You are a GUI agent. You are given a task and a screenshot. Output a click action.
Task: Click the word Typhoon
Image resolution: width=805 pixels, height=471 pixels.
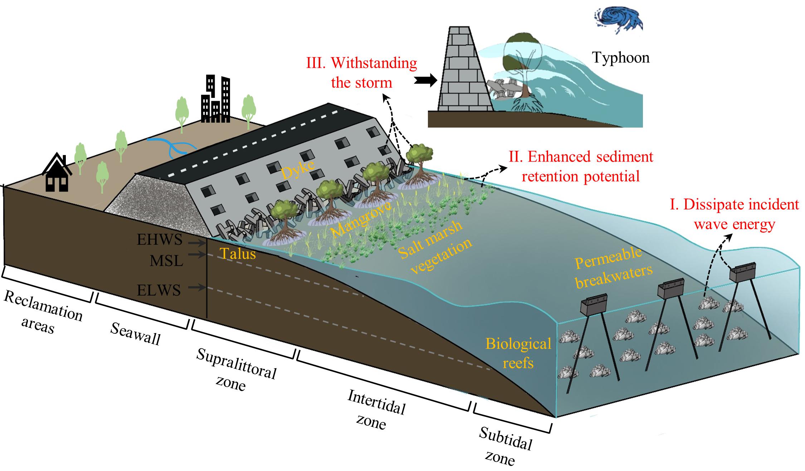point(620,57)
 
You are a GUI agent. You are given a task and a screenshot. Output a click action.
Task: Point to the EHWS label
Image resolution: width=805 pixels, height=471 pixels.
point(160,239)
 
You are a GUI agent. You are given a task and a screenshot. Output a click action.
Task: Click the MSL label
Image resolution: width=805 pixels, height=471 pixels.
point(166,261)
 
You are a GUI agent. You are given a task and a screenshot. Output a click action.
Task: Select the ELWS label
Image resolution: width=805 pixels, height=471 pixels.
point(159,290)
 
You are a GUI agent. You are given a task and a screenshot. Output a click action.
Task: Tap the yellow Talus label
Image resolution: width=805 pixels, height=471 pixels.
point(238,254)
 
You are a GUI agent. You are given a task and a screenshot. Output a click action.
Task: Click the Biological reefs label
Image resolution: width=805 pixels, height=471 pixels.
point(518,353)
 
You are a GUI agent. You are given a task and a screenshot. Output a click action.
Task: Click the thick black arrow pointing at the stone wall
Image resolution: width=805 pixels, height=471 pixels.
point(425,81)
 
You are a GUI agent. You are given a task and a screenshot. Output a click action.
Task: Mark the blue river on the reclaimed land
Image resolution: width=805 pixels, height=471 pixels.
point(172,147)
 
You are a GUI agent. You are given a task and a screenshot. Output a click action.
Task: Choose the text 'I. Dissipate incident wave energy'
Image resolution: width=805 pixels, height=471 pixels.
point(733,214)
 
